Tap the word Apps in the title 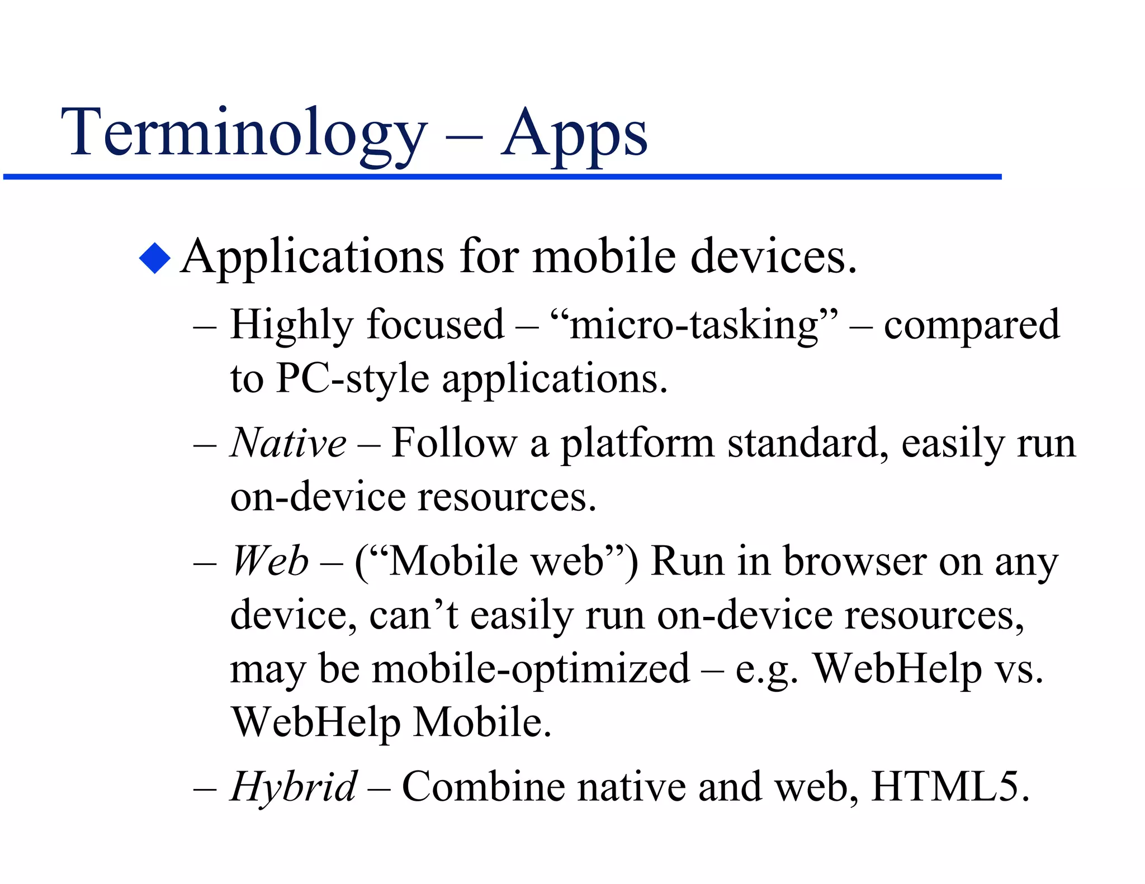click(x=574, y=134)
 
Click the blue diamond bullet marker click(x=154, y=258)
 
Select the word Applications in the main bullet click(x=313, y=258)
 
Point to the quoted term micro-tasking click(x=694, y=325)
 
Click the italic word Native click(x=288, y=443)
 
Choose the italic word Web click(x=270, y=561)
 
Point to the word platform click(x=637, y=444)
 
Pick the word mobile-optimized click(x=531, y=669)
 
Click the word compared click(x=971, y=325)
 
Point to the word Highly click(x=292, y=325)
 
